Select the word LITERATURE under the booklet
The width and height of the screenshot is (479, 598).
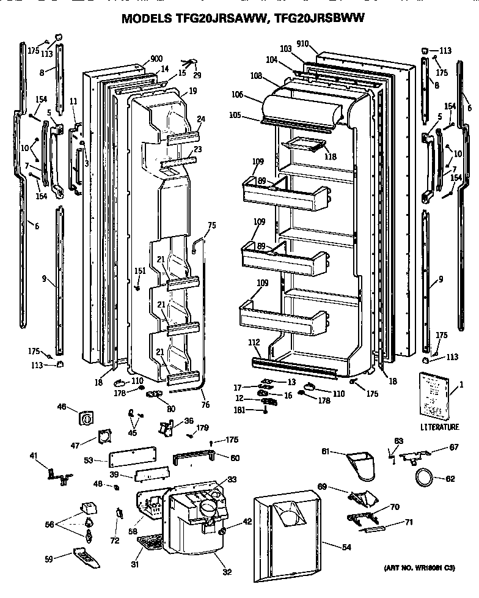tap(439, 426)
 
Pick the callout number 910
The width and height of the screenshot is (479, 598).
tap(302, 44)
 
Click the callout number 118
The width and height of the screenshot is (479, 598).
tap(331, 156)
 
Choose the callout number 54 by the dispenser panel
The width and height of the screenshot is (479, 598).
tap(347, 547)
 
